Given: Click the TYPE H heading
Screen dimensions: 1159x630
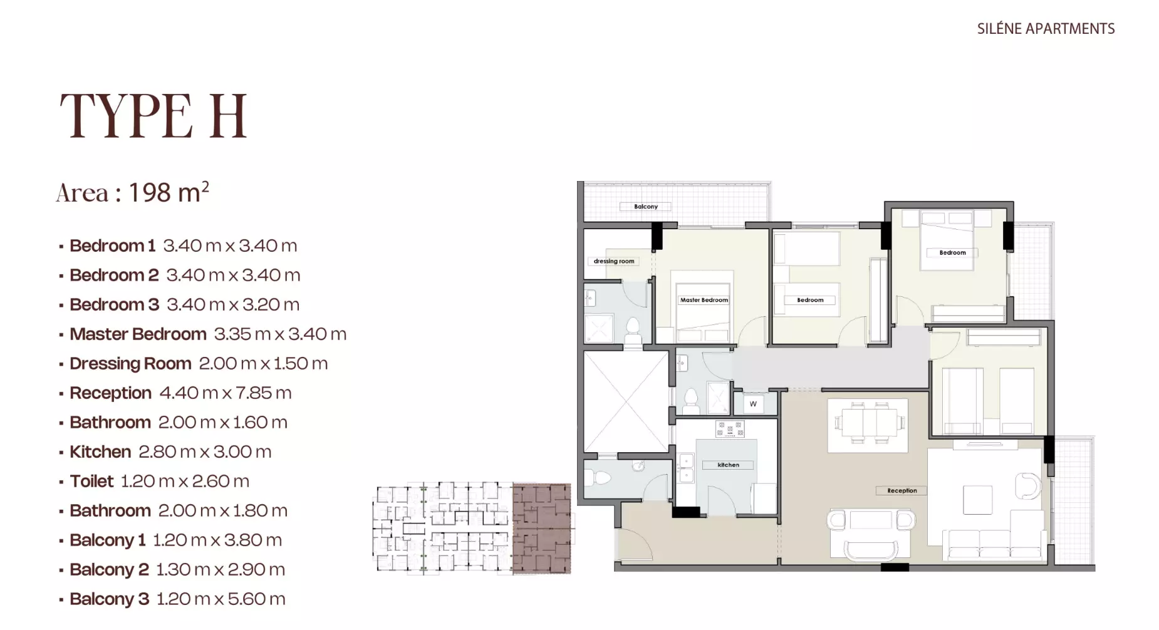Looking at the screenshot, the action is (153, 116).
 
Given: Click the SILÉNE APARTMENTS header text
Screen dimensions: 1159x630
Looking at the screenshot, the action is (1046, 29).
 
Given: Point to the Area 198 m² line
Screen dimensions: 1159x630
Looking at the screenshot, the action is (132, 192).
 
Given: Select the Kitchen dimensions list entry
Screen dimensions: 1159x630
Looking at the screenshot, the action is (170, 452).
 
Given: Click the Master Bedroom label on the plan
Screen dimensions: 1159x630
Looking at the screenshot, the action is (704, 300).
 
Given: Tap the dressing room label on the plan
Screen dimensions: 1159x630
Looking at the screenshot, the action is (614, 261).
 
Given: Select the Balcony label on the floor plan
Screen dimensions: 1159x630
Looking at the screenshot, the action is (646, 207).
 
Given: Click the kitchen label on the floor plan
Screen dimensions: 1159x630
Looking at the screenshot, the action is (729, 465).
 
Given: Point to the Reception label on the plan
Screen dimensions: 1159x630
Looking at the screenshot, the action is (902, 490).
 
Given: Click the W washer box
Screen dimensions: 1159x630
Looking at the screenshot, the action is (753, 404).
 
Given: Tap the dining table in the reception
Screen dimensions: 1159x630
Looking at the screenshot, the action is (868, 423).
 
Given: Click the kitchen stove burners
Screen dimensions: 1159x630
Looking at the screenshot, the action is (730, 429).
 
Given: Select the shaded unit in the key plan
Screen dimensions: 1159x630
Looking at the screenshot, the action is (542, 529).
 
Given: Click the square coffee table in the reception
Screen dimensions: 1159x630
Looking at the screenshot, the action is (977, 499).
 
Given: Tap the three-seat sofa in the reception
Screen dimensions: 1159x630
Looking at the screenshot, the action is (995, 543).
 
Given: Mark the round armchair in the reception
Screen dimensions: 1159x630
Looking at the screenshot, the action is (1027, 485).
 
